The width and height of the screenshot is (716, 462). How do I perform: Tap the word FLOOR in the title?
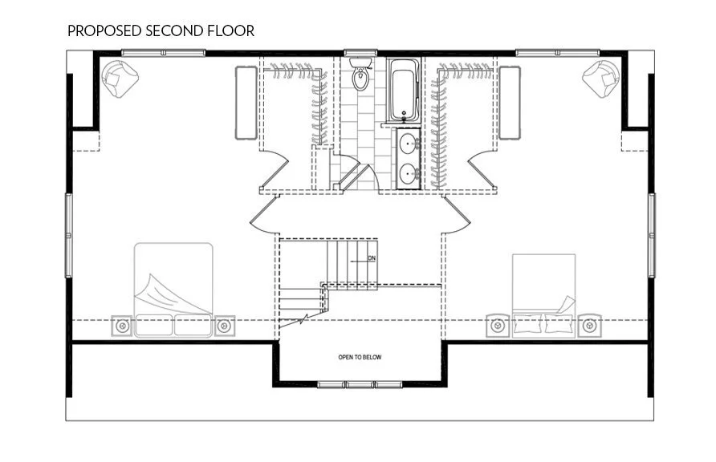click(230, 31)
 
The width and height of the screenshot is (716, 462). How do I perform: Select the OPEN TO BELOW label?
click(359, 357)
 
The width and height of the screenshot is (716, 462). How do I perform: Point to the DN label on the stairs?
click(371, 258)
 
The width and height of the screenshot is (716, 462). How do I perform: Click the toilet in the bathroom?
click(361, 76)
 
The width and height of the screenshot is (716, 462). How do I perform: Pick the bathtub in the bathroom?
click(401, 91)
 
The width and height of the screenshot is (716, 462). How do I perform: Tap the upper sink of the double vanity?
click(409, 145)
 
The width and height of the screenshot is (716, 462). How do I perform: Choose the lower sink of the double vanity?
click(409, 172)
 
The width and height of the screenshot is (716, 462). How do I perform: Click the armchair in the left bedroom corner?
click(120, 79)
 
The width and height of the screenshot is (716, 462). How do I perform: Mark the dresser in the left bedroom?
click(246, 102)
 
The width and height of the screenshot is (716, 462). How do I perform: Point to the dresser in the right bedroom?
click(509, 102)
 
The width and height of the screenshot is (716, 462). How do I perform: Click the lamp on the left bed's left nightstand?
click(122, 326)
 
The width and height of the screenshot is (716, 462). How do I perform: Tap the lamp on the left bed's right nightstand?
click(224, 326)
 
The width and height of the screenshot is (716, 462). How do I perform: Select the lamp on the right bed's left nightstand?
click(498, 326)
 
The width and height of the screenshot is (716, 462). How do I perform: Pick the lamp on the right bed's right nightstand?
click(590, 326)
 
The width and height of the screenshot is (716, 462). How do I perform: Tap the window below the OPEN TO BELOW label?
click(359, 385)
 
